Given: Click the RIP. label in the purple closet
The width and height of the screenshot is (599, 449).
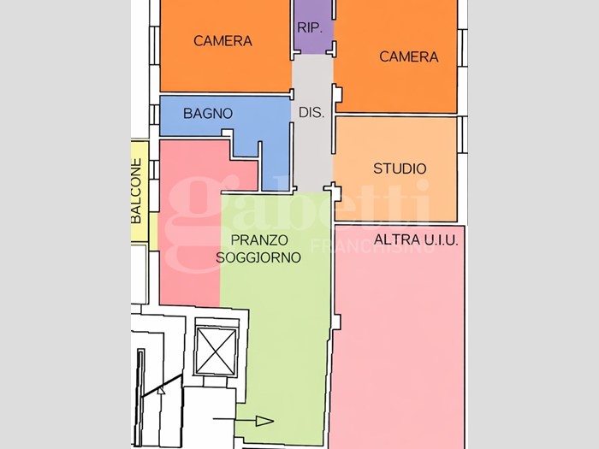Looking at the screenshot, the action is (x=310, y=27).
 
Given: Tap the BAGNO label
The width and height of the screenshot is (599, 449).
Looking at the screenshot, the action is (x=208, y=114).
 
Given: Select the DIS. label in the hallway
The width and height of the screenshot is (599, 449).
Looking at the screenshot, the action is (x=311, y=112).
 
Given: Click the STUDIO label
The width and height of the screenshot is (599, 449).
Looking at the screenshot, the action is (x=400, y=168).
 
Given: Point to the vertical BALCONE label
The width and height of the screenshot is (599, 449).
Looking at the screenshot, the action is (x=136, y=191).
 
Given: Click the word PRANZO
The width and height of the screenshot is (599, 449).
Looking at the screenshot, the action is (x=259, y=240).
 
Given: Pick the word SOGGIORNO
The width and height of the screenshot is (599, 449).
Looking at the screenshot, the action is (x=258, y=257).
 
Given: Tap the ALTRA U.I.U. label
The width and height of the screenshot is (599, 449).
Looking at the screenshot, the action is (x=416, y=239).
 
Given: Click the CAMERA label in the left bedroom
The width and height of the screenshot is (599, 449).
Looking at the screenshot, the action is (x=222, y=41).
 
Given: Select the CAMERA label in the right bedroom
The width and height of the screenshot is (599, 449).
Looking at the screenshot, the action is (x=409, y=57).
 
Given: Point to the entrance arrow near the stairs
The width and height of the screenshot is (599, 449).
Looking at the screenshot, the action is (x=243, y=421).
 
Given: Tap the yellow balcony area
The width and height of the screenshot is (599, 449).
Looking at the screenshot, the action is (x=139, y=191).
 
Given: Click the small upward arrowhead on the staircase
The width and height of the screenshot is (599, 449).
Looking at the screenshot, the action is (x=161, y=390).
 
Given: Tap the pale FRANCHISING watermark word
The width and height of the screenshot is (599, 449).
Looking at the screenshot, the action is (x=373, y=246).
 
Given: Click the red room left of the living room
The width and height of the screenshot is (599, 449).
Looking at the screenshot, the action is (x=190, y=229).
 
